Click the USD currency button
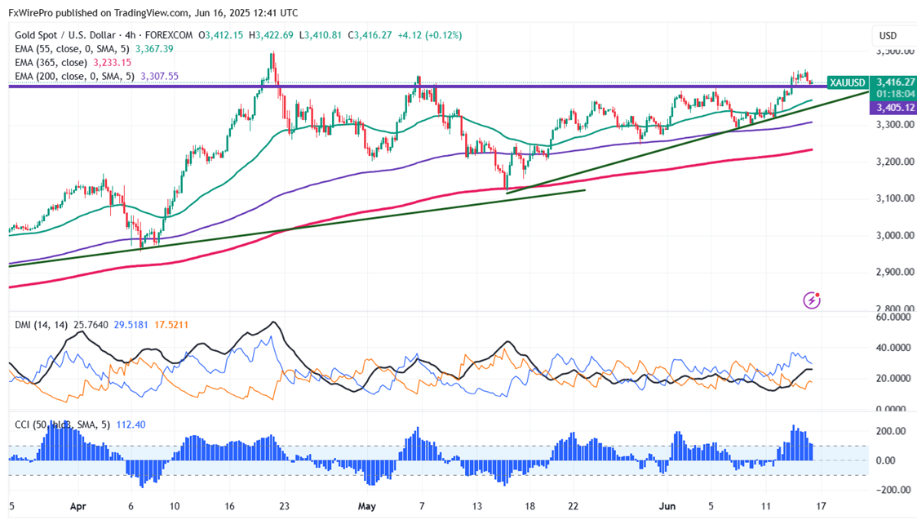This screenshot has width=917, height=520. click(887, 35)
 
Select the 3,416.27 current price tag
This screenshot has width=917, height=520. click(893, 82)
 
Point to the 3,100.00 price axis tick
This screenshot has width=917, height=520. click(893, 198)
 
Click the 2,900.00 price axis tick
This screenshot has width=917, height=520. click(893, 272)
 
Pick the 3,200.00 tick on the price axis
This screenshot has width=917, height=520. click(893, 162)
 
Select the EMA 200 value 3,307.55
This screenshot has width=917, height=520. click(160, 76)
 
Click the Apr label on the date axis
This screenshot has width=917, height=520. click(78, 506)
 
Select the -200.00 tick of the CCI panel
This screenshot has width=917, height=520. click(893, 490)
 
